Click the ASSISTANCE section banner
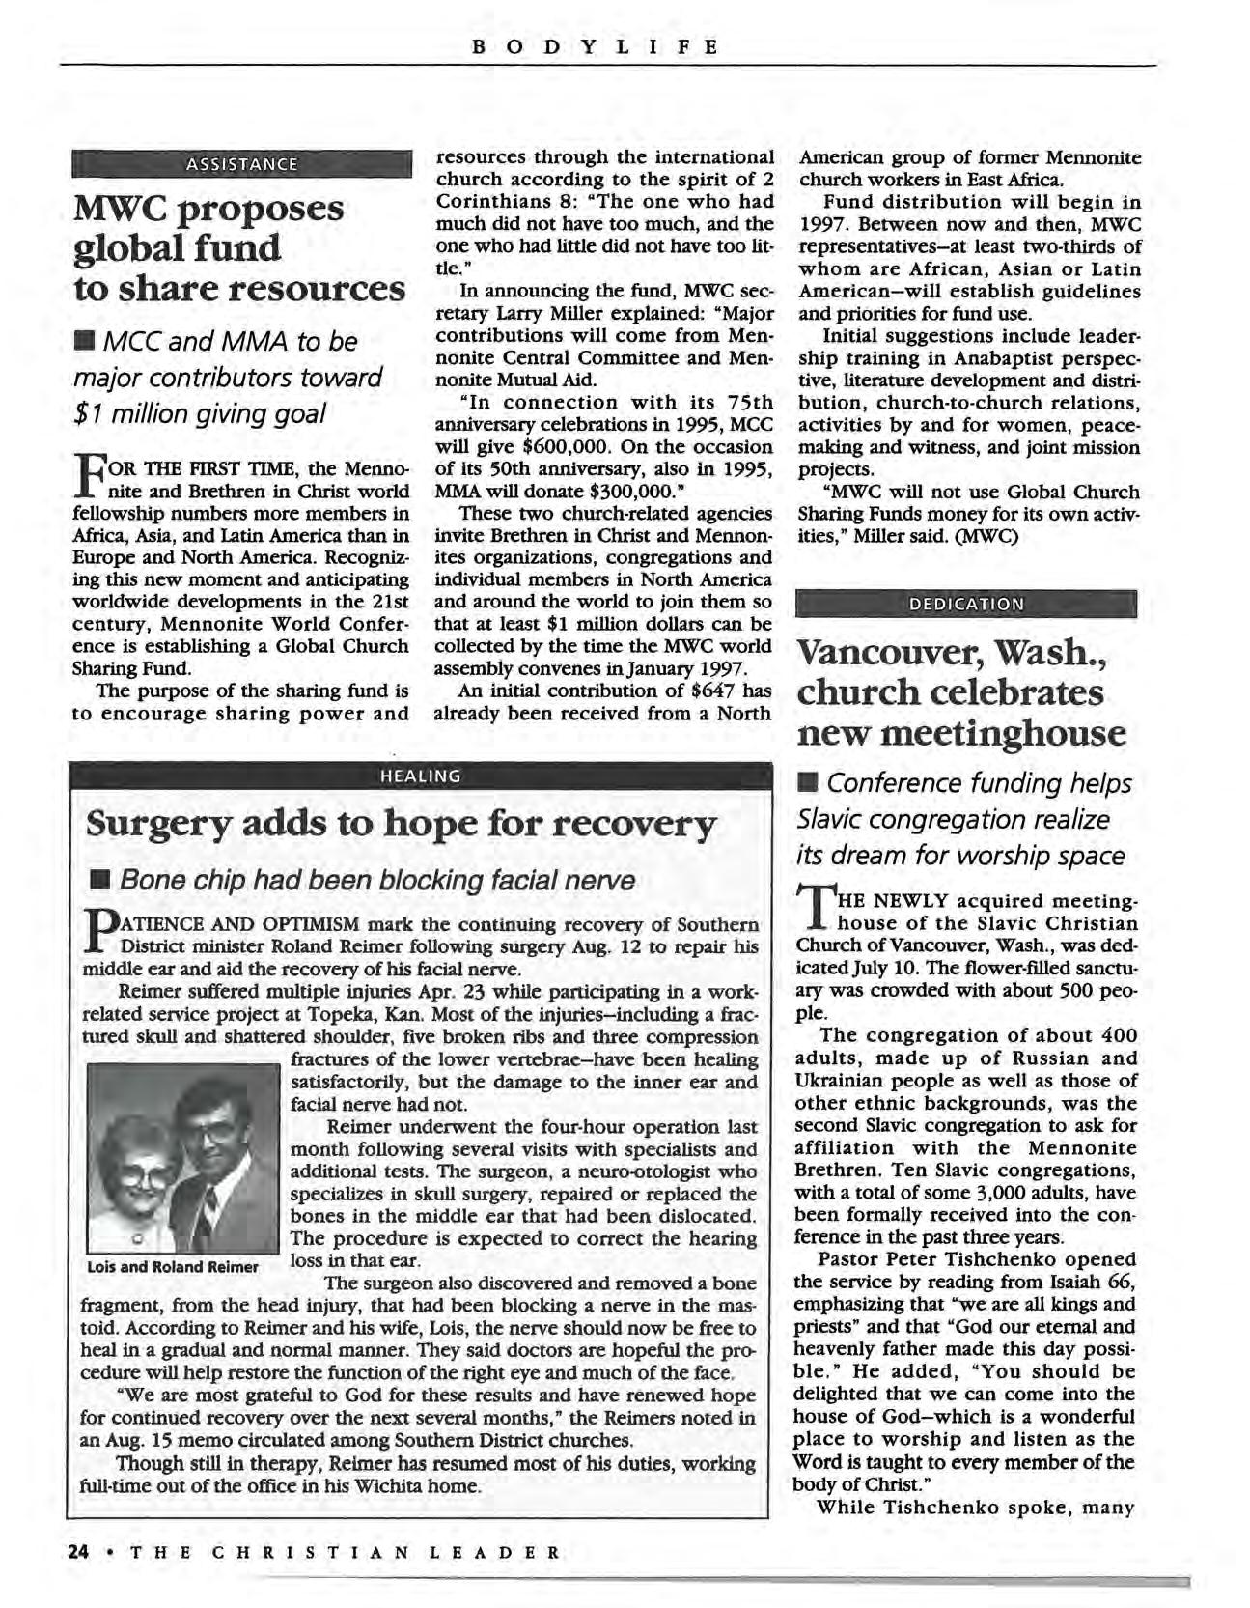(x=241, y=164)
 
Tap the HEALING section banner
(x=420, y=776)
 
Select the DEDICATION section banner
(x=965, y=605)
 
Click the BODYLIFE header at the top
(x=596, y=45)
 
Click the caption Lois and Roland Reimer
(x=173, y=1267)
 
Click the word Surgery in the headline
(x=154, y=825)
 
